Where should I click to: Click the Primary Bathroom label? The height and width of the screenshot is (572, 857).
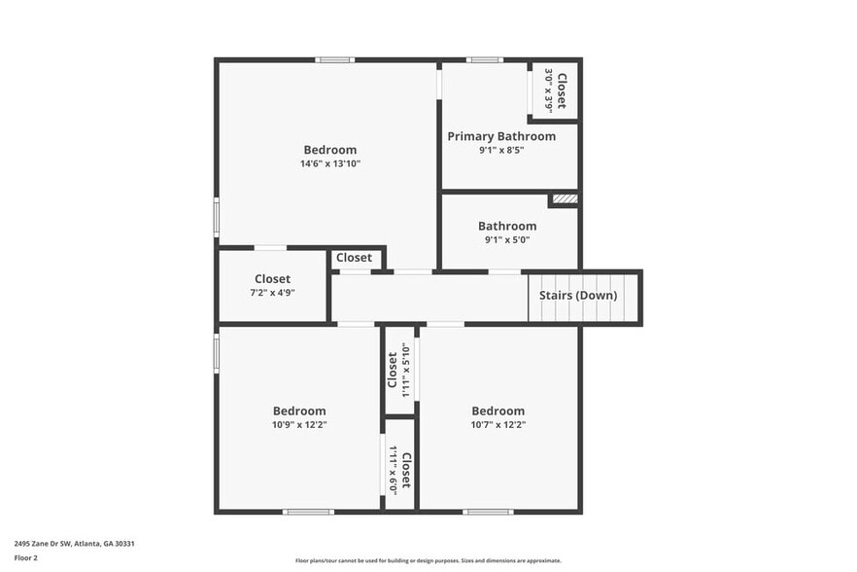click(501, 136)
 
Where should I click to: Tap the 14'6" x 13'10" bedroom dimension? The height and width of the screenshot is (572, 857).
click(329, 164)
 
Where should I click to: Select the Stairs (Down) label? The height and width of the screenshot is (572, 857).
click(577, 296)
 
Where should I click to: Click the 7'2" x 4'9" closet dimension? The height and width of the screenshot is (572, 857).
click(272, 292)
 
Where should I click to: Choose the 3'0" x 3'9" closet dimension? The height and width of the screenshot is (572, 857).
click(549, 90)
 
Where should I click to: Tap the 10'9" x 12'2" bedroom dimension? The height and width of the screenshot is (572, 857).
click(298, 424)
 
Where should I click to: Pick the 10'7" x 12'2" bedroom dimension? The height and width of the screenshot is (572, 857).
click(497, 424)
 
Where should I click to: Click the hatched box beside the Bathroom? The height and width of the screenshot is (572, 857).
click(565, 199)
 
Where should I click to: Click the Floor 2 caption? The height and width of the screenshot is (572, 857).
click(26, 557)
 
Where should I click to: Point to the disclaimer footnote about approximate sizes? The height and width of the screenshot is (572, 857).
click(428, 560)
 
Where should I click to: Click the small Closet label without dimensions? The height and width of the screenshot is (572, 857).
click(354, 258)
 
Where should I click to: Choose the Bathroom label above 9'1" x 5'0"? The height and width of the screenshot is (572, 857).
click(506, 226)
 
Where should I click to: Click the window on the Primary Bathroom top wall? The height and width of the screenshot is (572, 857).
click(484, 60)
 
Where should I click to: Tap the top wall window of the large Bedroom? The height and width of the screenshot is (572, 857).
click(335, 60)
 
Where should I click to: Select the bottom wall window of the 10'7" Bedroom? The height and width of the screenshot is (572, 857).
click(488, 512)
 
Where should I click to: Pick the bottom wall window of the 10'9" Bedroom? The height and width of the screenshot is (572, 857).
click(308, 512)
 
